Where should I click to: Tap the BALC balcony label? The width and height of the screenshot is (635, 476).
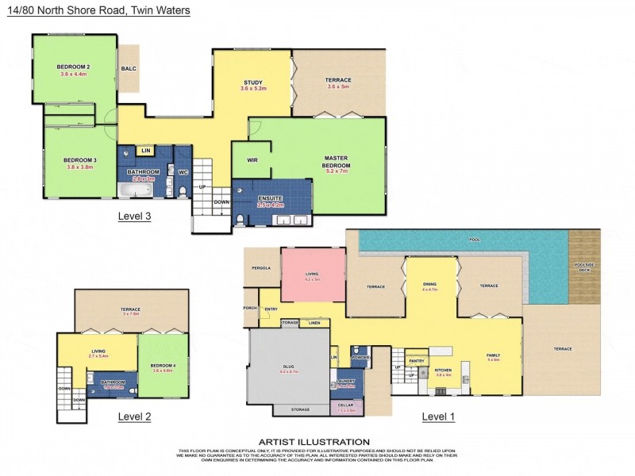pos(128,69)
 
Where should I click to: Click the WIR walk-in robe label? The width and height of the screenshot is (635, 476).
pos(252,160)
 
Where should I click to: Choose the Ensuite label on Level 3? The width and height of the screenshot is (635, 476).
pos(270,198)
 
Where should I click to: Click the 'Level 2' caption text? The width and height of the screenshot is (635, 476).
pos(134,416)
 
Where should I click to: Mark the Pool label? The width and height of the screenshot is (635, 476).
pos(475,239)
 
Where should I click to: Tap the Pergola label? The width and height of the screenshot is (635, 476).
pos(262,268)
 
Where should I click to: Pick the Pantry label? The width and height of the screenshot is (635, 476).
pos(416,361)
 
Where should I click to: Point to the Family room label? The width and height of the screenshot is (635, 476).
pos(493,356)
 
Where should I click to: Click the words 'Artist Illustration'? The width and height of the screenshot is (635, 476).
pos(314,442)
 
